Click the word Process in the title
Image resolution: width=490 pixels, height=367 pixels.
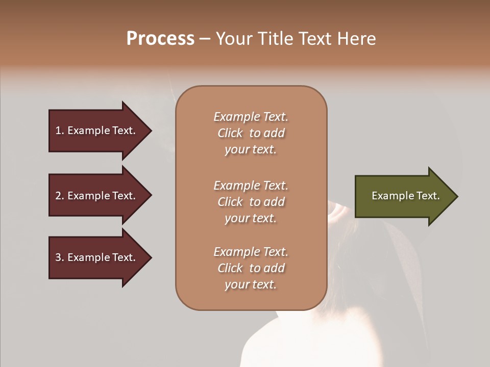[x=160, y=39]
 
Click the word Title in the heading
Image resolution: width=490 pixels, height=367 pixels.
[x=276, y=39]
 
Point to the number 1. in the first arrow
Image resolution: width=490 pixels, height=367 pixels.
[x=60, y=131]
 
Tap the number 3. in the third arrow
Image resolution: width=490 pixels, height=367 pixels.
[x=60, y=258]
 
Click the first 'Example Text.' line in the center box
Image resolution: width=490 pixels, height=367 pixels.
[x=251, y=117]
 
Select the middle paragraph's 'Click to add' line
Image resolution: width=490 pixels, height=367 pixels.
[x=251, y=202]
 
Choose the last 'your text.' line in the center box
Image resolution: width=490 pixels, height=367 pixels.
[x=251, y=284]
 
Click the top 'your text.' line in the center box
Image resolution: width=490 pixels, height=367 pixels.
[x=251, y=150]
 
